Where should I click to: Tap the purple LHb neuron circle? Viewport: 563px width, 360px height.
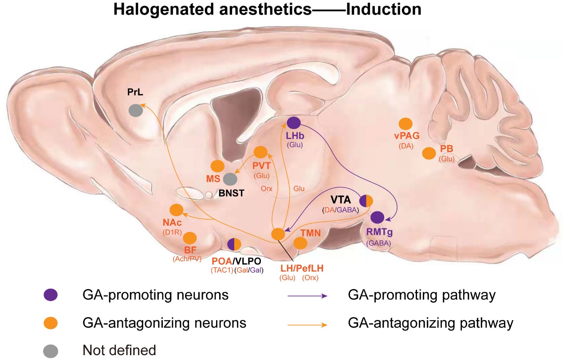(x=294, y=123)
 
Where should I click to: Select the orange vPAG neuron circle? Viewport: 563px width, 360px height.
(x=406, y=125)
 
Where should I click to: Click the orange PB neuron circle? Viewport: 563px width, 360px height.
(x=429, y=153)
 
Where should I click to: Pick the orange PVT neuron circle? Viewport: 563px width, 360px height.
(x=260, y=153)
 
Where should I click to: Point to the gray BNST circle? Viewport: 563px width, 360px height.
(x=230, y=179)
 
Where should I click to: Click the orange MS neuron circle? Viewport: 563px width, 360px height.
(x=217, y=166)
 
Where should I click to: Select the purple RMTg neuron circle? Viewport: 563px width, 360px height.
(x=377, y=217)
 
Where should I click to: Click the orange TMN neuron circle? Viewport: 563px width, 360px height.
(x=300, y=243)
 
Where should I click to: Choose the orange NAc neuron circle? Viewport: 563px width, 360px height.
(x=176, y=210)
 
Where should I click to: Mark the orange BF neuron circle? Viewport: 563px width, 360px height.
(x=190, y=238)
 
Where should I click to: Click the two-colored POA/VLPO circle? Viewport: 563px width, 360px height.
(x=234, y=244)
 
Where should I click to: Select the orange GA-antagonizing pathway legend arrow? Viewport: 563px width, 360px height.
(x=307, y=324)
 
